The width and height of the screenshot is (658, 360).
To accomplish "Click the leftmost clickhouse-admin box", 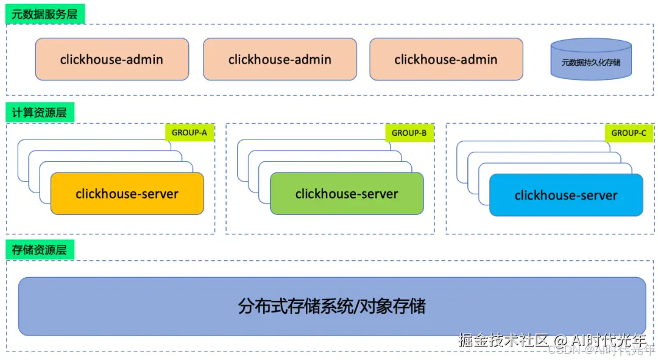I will point(111,59).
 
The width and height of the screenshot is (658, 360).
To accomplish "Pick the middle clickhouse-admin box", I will point(280,59).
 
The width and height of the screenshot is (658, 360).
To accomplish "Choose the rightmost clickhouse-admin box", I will point(446,59).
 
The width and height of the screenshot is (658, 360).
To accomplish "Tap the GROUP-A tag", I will point(189,133).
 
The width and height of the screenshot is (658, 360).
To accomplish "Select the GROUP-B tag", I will point(409,133).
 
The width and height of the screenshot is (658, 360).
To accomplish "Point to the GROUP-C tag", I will point(629,133).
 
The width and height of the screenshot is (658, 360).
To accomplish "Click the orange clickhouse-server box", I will point(127,194).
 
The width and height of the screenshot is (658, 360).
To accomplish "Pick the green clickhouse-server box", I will point(347,194).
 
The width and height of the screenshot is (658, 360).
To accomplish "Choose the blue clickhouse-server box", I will point(566,195).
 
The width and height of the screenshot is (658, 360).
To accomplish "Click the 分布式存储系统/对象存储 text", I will point(331,306).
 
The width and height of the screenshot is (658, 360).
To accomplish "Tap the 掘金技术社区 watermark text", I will point(503,340).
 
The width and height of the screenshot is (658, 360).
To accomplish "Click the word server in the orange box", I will point(158,194).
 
